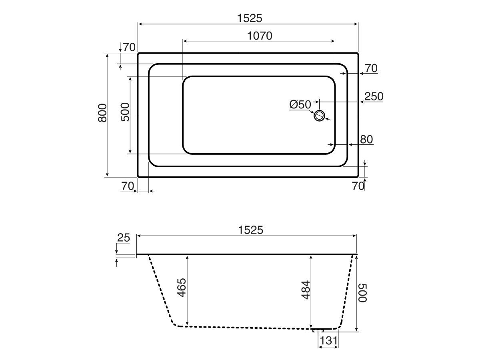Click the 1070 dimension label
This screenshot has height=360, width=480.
pyautogui.click(x=260, y=36)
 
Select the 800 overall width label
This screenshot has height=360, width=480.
pyautogui.click(x=102, y=113)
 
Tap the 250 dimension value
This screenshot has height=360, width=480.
pyautogui.click(x=374, y=96)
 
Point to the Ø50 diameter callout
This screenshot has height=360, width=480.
pyautogui.click(x=300, y=105)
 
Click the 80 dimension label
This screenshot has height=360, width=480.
pyautogui.click(x=366, y=139)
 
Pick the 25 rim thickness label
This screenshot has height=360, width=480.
pyautogui.click(x=124, y=238)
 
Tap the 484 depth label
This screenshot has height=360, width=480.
pyautogui.click(x=305, y=291)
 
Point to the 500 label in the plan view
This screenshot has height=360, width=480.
pyautogui.click(x=125, y=112)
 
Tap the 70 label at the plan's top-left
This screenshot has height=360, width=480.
pyautogui.click(x=129, y=47)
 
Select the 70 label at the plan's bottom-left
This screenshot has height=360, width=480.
pyautogui.click(x=127, y=186)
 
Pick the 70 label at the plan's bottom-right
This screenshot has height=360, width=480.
pyautogui.click(x=358, y=186)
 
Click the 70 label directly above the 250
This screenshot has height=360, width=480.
pyautogui.click(x=371, y=68)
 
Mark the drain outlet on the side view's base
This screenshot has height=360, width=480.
pyautogui.click(x=318, y=330)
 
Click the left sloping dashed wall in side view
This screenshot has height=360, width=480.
pyautogui.click(x=162, y=290)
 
